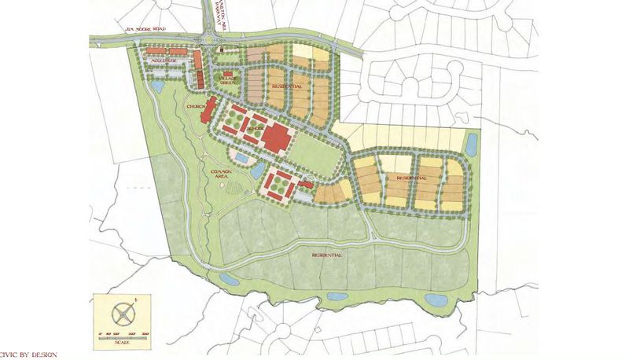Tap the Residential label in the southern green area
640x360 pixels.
327,254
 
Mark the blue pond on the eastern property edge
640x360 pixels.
471,144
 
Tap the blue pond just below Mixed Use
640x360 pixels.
157,86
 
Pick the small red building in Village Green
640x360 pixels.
228,73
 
